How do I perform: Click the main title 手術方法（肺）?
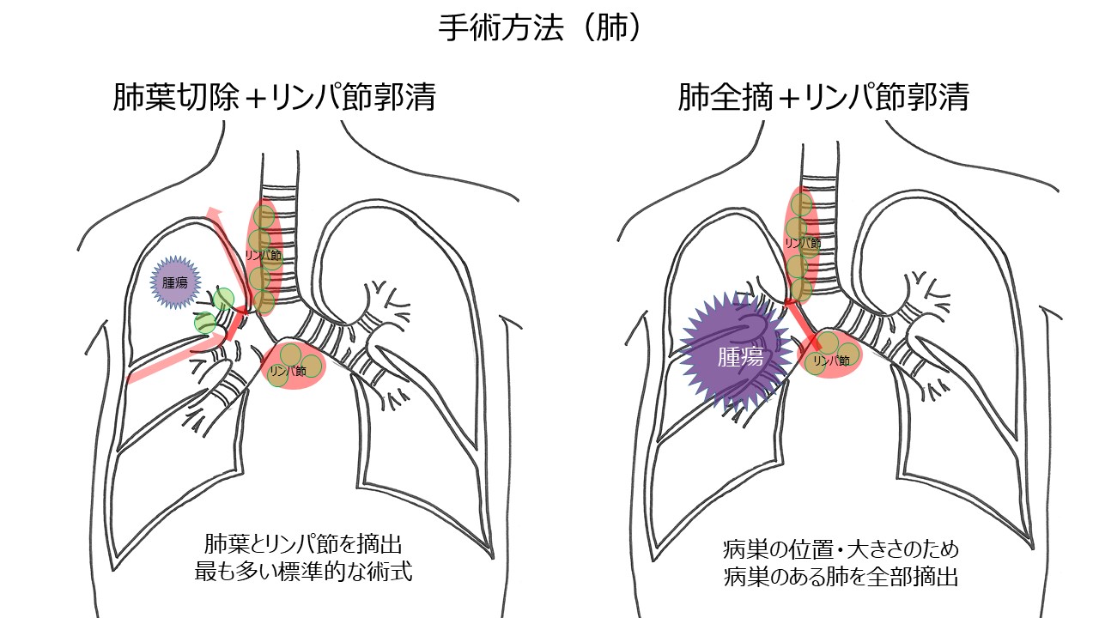[x=541, y=29]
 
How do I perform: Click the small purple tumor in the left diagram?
[x=175, y=282]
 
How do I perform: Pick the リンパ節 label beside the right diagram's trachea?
[x=802, y=244]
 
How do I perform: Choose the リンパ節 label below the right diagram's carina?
[x=830, y=362]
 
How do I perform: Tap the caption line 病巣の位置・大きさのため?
[x=841, y=548]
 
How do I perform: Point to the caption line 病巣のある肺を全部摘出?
[x=841, y=577]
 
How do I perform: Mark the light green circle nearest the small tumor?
[x=223, y=299]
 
